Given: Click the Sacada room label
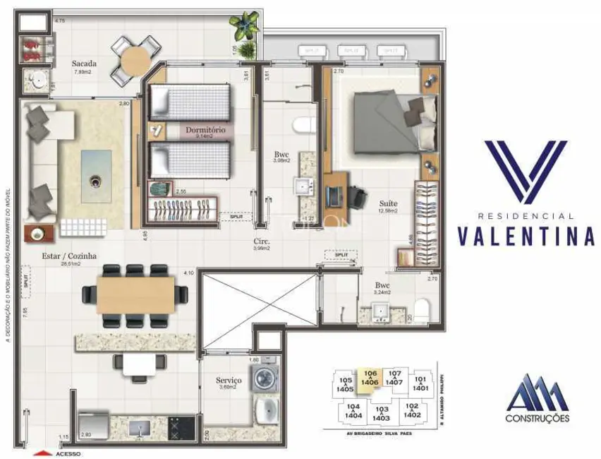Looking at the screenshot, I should pos(83,64).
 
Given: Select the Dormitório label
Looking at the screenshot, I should pos(205,131).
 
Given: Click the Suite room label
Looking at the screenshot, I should pos(386,201).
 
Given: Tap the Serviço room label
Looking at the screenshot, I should pos(229,381).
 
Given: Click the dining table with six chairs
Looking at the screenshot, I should pos(136,290).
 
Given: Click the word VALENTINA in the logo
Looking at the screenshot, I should pos(526,236).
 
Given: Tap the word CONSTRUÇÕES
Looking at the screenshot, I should pos(538,418).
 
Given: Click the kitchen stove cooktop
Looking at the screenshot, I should pos(176,427).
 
